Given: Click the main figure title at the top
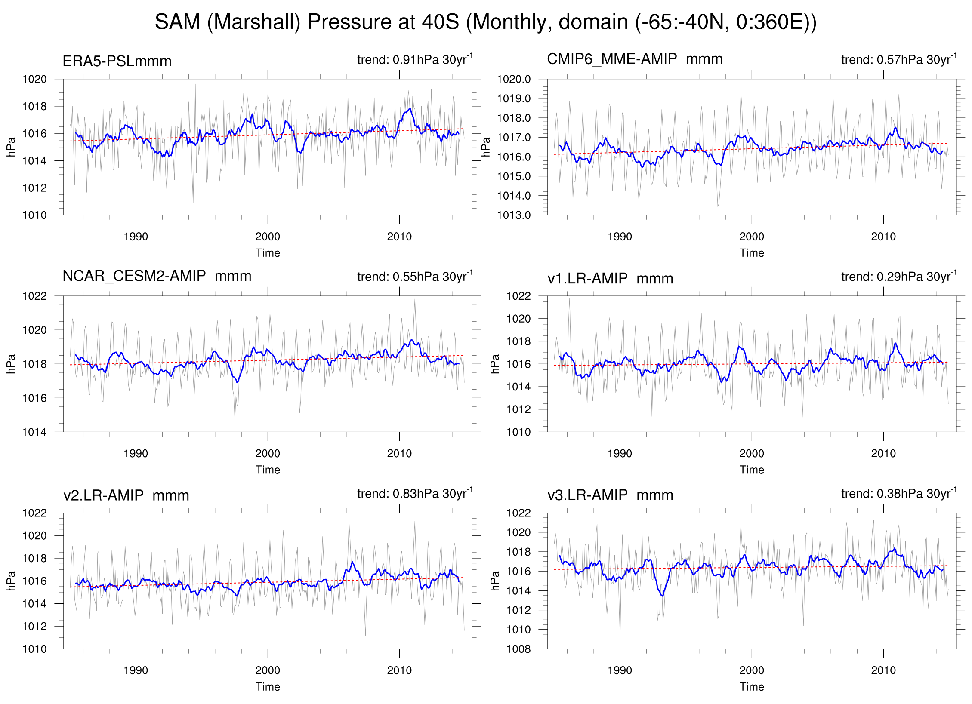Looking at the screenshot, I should pyautogui.click(x=485, y=22).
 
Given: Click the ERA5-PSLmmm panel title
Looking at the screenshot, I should pyautogui.click(x=117, y=61).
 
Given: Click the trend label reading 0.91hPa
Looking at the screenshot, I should pyautogui.click(x=414, y=59).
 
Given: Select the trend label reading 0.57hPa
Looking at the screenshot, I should pyautogui.click(x=898, y=59).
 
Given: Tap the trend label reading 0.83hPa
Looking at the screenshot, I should pyautogui.click(x=414, y=493).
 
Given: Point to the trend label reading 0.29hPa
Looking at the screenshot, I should pyautogui.click(x=898, y=277).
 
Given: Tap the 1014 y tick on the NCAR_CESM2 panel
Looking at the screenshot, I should pyautogui.click(x=34, y=432).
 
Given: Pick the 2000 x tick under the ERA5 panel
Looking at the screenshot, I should pyautogui.click(x=267, y=237).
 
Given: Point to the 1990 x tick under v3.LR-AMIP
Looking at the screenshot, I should pyautogui.click(x=620, y=670).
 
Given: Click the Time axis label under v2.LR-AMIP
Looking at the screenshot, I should pyautogui.click(x=267, y=687).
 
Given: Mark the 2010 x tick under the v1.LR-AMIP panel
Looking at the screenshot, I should pyautogui.click(x=883, y=453).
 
